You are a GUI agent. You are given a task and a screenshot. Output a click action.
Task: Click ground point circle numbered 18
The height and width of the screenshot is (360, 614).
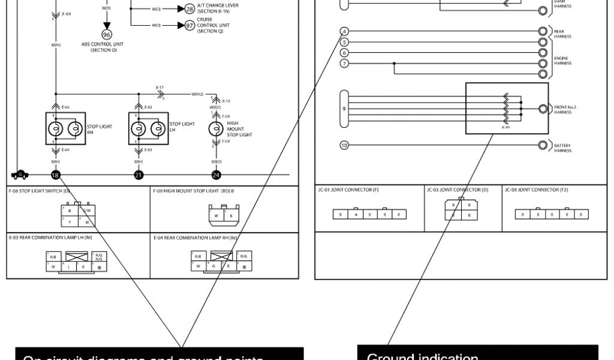55,175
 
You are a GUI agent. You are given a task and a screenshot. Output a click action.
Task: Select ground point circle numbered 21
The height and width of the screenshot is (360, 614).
139,175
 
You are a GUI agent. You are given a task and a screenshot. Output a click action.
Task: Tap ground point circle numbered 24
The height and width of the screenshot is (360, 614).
216,175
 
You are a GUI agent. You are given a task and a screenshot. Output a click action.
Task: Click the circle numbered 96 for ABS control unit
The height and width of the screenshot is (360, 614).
107,35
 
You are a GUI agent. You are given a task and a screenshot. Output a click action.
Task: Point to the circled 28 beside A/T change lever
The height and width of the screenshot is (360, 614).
189,10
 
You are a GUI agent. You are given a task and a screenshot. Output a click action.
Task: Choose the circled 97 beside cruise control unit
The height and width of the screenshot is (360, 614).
189,25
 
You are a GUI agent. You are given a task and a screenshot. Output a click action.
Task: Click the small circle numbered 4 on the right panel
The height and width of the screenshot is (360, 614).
344,31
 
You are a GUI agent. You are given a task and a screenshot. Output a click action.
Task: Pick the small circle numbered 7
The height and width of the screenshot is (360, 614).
344,64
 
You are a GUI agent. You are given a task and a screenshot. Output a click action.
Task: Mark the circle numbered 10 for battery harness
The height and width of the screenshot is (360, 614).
344,145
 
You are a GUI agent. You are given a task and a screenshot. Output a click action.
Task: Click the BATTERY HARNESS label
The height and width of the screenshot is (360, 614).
562,148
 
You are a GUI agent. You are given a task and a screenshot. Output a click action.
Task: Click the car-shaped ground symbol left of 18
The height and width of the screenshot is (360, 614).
19,175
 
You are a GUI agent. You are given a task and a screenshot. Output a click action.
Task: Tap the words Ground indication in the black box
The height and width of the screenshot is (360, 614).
422,356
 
